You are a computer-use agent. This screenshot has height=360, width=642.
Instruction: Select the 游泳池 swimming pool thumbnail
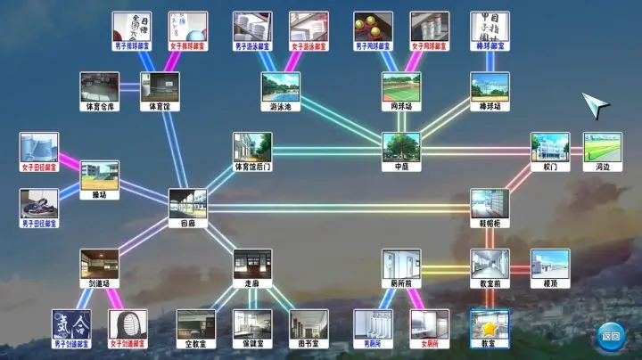tap(280, 91)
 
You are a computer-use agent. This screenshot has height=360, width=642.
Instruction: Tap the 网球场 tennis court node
tap(401, 91)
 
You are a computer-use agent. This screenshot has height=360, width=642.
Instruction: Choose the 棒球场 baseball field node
tap(490, 91)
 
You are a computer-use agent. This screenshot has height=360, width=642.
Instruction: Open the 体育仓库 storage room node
tap(99, 91)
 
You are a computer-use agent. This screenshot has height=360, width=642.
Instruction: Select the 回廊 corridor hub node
tap(187, 207)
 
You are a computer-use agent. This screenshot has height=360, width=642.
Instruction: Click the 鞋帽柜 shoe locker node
tap(490, 207)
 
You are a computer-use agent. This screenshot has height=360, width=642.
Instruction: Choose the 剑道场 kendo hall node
tap(99, 267)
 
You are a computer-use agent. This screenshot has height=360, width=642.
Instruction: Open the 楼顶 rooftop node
tap(550, 267)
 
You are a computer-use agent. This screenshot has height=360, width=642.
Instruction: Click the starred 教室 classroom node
tap(490, 327)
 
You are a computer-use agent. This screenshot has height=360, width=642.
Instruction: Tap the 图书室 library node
tap(309, 327)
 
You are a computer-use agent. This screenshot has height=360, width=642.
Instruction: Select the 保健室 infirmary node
tap(252, 327)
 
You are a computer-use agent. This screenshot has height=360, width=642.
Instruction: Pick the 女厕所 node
tap(429, 327)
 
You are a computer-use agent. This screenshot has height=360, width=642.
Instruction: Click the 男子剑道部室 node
tap(70, 327)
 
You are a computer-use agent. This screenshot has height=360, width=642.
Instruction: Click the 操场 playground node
tap(99, 178)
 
